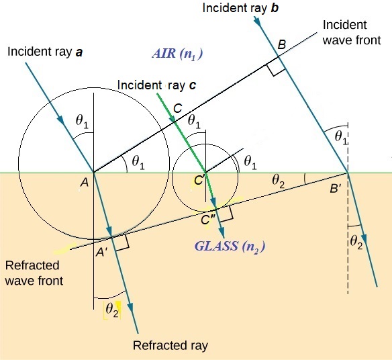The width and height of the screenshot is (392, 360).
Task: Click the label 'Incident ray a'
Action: click(45, 52)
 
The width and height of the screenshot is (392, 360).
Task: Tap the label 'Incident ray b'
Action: click(240, 8)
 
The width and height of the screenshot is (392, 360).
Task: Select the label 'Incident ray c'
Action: click(156, 85)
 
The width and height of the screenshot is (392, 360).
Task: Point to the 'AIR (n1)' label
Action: click(177, 54)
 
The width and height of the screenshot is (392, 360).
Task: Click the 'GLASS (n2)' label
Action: click(230, 246)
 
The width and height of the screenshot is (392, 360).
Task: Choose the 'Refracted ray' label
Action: click(170, 345)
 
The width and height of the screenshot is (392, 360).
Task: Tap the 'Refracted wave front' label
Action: click(34, 273)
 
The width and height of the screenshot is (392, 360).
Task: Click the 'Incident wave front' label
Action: click(352, 32)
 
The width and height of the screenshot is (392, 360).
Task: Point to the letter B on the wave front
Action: click(282, 45)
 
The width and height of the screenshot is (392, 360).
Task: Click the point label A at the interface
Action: click(85, 183)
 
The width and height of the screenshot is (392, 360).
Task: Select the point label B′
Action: click(335, 188)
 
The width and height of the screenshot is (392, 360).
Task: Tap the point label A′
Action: click(101, 252)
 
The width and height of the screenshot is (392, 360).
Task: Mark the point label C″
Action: click(208, 220)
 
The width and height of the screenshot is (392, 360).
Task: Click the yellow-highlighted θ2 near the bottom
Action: click(112, 310)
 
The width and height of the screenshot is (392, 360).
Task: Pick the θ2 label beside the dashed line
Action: click(356, 242)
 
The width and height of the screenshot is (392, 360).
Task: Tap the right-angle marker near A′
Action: click(122, 242)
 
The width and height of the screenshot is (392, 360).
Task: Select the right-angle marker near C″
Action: click(226, 214)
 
